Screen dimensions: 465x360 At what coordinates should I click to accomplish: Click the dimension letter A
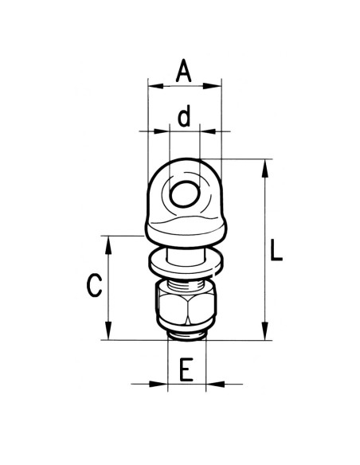[184, 72]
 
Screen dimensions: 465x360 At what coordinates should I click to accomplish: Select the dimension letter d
[184, 119]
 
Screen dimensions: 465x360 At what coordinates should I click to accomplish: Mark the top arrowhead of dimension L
[264, 164]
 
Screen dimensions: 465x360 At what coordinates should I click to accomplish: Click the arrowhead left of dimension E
[162, 385]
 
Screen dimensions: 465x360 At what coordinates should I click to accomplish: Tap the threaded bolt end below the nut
[186, 334]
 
